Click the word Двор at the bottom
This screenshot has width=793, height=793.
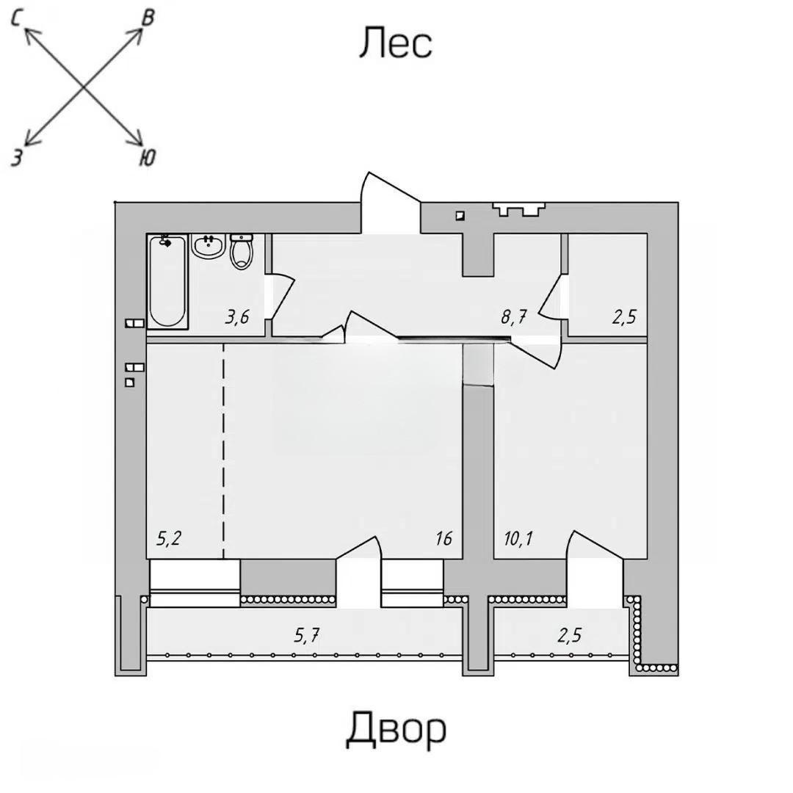(x=396, y=728)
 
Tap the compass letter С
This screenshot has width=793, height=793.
(x=17, y=21)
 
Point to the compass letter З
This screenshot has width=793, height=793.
(x=16, y=156)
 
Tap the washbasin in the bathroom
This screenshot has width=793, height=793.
(x=209, y=246)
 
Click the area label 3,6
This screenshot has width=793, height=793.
(x=237, y=317)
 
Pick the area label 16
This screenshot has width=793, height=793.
(x=443, y=538)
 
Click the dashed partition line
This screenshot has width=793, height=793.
(x=223, y=448)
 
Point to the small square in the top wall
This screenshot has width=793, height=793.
(x=460, y=215)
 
